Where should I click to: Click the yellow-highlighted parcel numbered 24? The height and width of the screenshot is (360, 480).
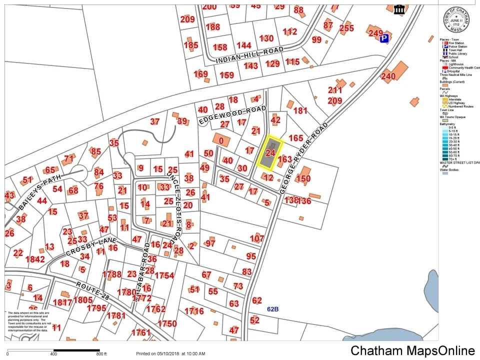(x=270, y=152)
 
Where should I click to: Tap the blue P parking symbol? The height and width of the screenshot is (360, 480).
(x=384, y=38)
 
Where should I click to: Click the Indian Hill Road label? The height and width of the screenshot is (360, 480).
(x=250, y=55)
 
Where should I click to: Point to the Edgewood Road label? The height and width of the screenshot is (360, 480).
(x=232, y=115)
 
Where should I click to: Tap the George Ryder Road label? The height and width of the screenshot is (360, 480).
(x=305, y=157)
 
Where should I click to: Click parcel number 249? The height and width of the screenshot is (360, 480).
(x=375, y=33)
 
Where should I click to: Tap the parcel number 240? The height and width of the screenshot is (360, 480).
(x=388, y=76)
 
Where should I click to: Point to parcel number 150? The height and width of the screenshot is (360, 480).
(x=303, y=178)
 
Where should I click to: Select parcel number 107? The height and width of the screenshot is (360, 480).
(x=257, y=238)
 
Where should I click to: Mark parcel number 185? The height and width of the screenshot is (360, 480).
(x=190, y=45)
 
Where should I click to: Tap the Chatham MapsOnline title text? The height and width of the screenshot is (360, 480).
(x=412, y=350)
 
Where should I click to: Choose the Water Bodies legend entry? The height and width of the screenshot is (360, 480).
(x=451, y=169)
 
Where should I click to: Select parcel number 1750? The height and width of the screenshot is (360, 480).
(x=167, y=323)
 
